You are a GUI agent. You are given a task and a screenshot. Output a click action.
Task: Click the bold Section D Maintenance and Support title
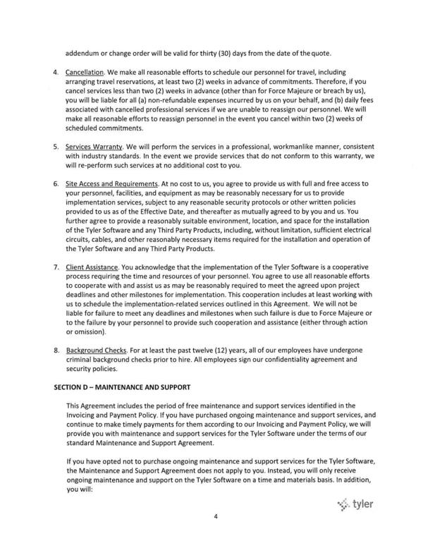[122, 388]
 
